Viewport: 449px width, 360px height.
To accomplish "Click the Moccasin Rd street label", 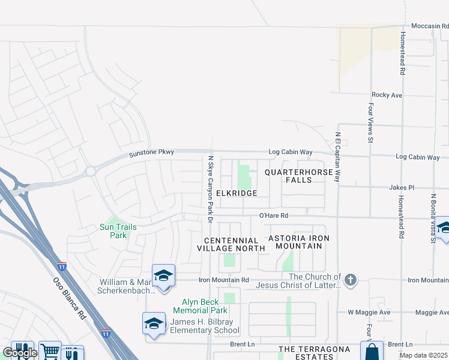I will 430,26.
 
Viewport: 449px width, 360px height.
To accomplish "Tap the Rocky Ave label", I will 387,95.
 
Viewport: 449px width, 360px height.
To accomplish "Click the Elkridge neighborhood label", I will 237,193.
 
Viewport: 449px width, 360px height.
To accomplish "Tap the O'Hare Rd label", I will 274,215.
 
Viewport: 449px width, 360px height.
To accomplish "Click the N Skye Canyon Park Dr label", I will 211,189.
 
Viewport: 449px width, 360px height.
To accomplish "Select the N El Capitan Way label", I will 338,157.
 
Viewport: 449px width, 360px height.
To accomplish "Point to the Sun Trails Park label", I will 118,231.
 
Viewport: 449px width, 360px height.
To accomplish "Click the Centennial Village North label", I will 231,244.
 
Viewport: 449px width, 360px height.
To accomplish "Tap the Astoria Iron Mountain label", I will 299,242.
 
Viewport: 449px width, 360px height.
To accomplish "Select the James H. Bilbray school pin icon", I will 154,323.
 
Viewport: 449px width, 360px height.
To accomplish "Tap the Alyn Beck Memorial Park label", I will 200,306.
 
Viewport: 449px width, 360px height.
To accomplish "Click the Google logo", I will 19,353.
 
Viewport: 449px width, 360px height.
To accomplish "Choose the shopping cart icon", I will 50,352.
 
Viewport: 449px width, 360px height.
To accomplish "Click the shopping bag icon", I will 372,352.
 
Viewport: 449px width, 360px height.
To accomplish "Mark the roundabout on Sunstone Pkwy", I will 91,171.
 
